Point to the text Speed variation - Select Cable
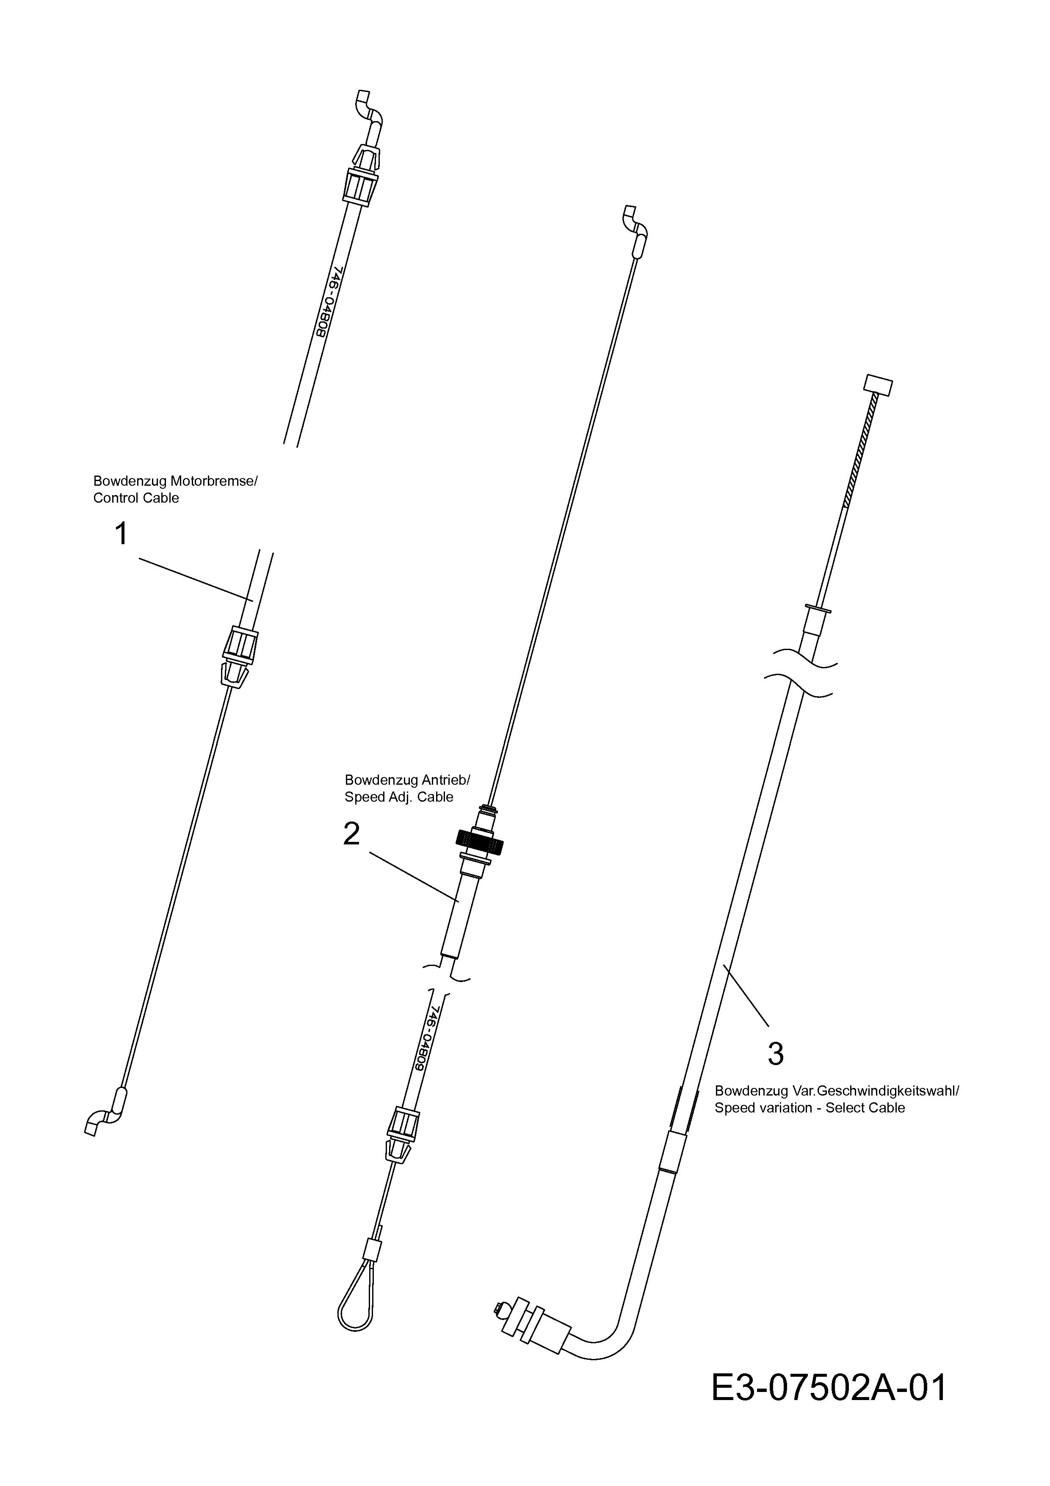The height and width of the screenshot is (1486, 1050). click(810, 1107)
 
